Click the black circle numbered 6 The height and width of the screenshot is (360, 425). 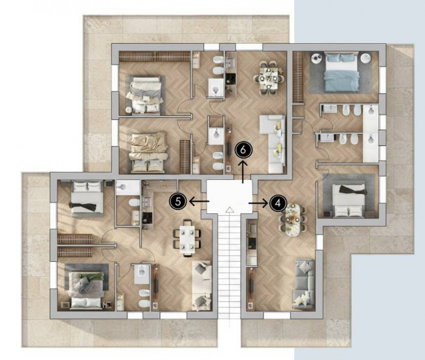click(x=243, y=150)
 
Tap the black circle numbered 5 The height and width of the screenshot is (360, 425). click(x=178, y=202)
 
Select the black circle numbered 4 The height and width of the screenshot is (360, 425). click(x=278, y=203)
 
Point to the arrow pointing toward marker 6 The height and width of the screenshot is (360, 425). click(x=243, y=171)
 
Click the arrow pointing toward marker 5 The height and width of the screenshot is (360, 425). click(x=199, y=202)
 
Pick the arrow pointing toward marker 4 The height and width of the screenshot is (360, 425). click(x=258, y=203)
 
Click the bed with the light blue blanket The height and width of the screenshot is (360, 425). click(x=341, y=73)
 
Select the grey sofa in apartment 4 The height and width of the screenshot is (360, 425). click(x=303, y=284)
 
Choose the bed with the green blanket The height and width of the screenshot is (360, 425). click(x=86, y=290)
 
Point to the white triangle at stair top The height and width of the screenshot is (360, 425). click(x=229, y=209)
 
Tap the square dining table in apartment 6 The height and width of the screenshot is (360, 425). click(x=268, y=78)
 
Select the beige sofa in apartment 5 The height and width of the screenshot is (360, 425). click(x=201, y=285)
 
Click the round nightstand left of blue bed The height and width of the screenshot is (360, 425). click(x=316, y=58)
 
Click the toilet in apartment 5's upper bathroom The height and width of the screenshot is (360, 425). click(x=134, y=202)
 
